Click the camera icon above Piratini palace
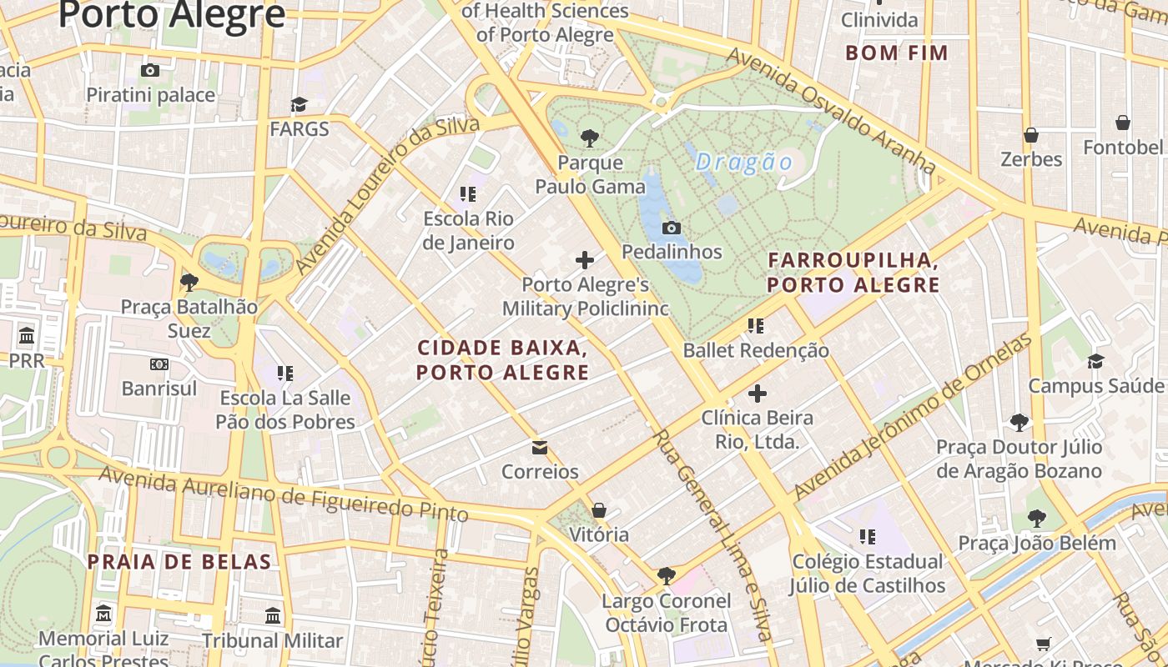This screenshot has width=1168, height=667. [150, 71]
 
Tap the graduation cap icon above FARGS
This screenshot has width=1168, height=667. [299, 104]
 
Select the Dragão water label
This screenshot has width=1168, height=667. [743, 162]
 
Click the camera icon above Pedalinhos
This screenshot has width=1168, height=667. [672, 228]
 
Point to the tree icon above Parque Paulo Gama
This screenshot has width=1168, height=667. [590, 138]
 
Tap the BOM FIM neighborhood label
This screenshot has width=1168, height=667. [897, 53]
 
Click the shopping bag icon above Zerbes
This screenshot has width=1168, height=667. [1031, 134]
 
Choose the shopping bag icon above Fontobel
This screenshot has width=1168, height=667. [1123, 123]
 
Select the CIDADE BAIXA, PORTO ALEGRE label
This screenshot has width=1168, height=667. [503, 359]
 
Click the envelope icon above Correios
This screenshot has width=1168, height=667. [540, 448]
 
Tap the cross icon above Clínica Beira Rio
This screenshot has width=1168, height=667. [758, 393]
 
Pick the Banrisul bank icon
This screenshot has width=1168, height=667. [159, 364]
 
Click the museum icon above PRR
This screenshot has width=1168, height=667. [27, 336]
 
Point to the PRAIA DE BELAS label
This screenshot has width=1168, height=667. [180, 562]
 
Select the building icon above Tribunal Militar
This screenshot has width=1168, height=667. [273, 616]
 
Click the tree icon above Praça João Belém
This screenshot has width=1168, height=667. [1037, 519]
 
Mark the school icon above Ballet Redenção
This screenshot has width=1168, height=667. [756, 326]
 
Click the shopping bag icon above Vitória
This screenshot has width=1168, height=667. [599, 510]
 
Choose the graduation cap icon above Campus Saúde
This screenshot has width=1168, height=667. [1095, 361]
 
